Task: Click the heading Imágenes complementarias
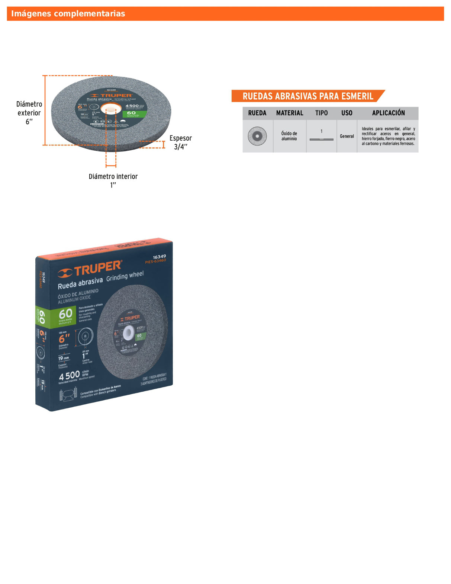tap(68, 14)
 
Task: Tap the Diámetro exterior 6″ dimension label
tap(29, 113)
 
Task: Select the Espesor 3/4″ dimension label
tap(181, 142)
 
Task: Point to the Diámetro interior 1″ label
tap(113, 180)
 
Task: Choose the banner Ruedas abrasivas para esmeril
tap(308, 96)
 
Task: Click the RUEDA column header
tap(257, 113)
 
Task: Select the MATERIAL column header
tap(290, 113)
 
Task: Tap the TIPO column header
tap(322, 113)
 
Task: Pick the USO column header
tap(347, 113)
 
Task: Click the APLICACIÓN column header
tap(388, 113)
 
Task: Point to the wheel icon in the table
tap(257, 136)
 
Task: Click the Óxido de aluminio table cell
tap(289, 136)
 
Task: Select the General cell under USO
tap(347, 136)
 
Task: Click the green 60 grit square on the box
tap(66, 315)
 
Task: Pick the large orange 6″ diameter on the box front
tap(65, 338)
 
